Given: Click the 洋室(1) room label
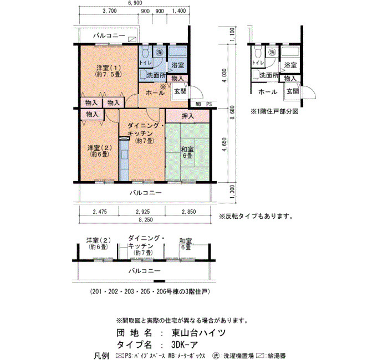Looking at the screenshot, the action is (x=109, y=68).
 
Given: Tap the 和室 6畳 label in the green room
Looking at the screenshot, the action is (x=187, y=152).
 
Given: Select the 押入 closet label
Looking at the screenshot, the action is (x=188, y=116).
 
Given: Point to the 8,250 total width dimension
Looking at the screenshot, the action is (x=145, y=220).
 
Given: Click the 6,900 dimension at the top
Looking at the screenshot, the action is (x=135, y=3).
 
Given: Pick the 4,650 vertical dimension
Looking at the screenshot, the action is (x=224, y=145).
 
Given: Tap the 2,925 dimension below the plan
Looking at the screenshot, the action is (x=142, y=212).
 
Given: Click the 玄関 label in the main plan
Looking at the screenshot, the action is (x=180, y=91).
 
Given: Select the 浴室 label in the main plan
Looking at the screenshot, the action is (x=178, y=65).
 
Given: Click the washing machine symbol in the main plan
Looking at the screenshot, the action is (x=160, y=52).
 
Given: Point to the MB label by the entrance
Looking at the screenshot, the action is (x=198, y=104).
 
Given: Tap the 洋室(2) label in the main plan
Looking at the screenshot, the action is (x=99, y=148).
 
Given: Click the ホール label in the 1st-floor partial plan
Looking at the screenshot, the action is (x=268, y=92).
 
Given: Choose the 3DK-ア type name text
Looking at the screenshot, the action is (x=185, y=344).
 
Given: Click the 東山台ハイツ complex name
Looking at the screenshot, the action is (x=198, y=333).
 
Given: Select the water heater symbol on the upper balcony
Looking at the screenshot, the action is (x=132, y=39).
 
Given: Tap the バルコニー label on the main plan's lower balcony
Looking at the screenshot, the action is (x=146, y=193).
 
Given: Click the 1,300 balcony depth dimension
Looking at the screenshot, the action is (x=232, y=192).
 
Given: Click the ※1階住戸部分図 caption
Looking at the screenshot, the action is (x=275, y=111).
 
